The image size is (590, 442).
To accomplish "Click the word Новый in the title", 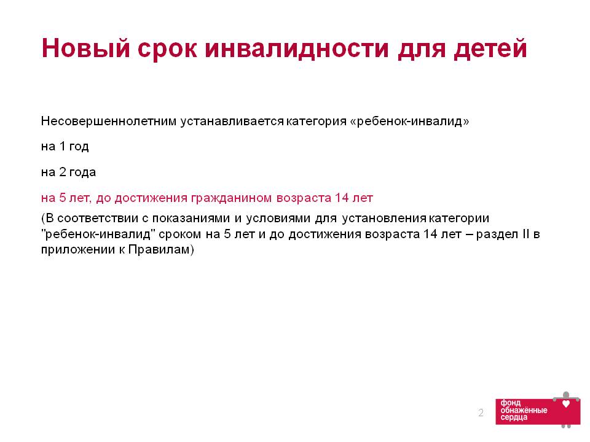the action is coord(86,48).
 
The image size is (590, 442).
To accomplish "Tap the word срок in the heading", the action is coord(167,50).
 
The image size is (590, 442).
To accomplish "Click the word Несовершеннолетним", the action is coord(109,122).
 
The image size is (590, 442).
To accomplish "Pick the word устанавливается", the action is coord(232,122).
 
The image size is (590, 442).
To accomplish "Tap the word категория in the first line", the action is coord(316,122).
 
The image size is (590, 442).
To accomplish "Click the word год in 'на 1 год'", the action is coord(79,146).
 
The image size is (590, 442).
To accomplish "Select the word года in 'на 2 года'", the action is coord(83,172).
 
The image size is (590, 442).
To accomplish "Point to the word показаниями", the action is coord(191,219).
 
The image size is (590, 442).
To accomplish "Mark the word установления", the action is coord(384,219).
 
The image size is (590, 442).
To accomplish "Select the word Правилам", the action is coord(159,250).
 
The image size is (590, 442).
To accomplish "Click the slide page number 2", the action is coord(481,413).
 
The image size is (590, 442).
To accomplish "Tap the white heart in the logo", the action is coord(565,404).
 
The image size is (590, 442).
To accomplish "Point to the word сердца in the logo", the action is coord(514,417).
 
